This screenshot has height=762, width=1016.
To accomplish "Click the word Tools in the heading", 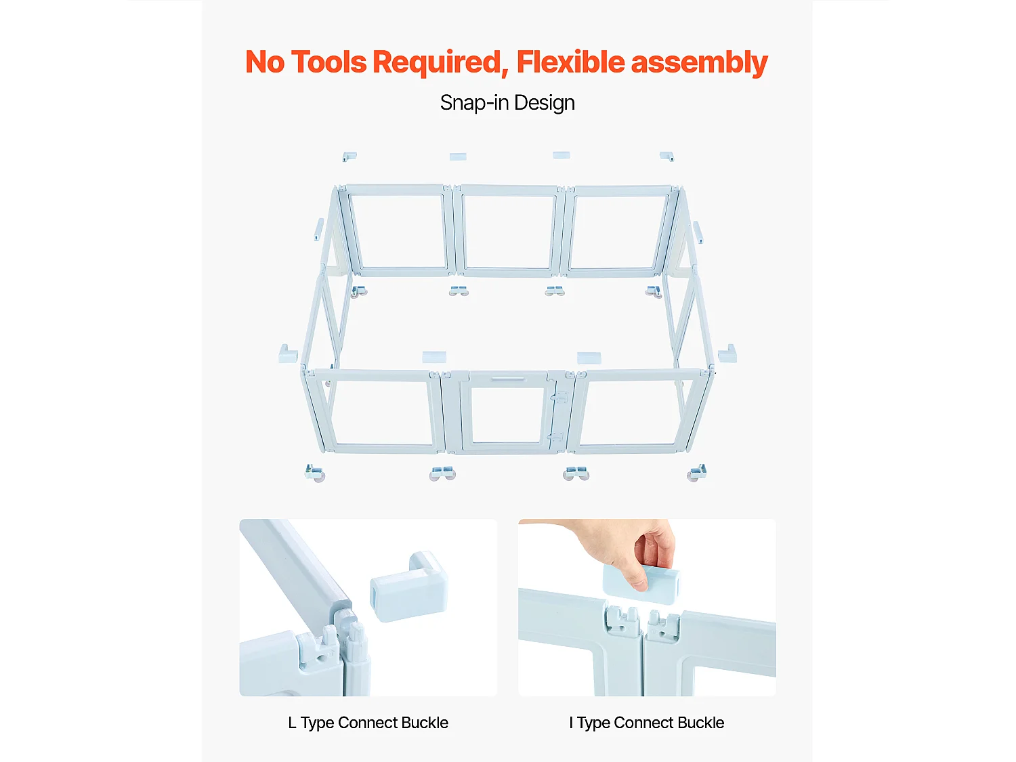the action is [x=329, y=62].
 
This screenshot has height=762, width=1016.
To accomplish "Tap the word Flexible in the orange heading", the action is [x=571, y=62].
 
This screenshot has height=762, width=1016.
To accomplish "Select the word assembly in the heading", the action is [x=699, y=64].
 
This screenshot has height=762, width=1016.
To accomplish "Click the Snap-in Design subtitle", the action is [x=507, y=103].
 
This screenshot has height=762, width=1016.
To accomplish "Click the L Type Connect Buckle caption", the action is [x=368, y=723].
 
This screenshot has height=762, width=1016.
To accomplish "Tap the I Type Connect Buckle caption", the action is [x=647, y=723].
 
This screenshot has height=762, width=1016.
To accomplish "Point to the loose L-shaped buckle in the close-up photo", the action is [x=408, y=587].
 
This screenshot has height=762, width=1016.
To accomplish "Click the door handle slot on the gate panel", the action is [x=508, y=379].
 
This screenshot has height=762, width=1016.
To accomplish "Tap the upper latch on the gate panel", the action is [x=560, y=397].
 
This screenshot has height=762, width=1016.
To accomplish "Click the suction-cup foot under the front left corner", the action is [x=315, y=473].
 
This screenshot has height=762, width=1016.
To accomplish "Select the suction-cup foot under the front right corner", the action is [x=696, y=473].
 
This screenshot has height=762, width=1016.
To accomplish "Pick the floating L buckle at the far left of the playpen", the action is [x=288, y=354].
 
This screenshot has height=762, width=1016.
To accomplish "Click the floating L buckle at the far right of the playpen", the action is [x=727, y=354].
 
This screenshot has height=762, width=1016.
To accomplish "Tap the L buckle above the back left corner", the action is [x=350, y=156].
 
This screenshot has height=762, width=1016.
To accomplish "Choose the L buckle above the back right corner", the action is [x=666, y=156].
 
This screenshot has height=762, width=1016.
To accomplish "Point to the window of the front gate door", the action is [x=507, y=415].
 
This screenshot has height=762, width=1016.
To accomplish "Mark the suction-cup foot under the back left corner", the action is [x=359, y=291].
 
